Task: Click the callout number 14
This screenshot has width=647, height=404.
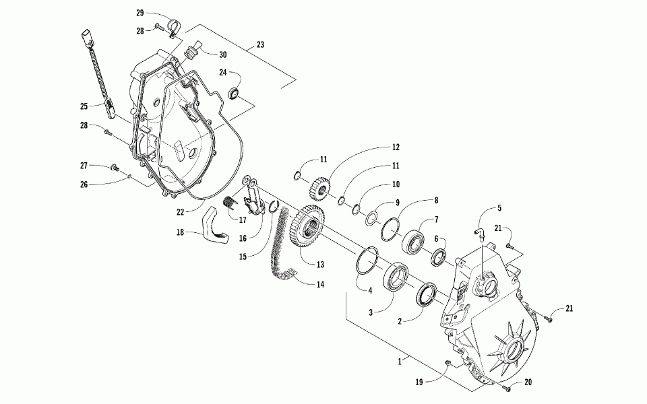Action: [320, 285]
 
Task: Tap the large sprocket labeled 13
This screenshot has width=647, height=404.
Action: [309, 229]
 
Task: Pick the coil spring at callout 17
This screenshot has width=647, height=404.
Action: [228, 201]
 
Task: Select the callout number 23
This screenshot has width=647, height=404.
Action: [260, 46]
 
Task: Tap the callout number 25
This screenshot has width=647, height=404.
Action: [84, 106]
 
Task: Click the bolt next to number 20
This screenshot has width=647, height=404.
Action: [507, 389]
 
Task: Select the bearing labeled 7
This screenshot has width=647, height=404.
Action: [414, 240]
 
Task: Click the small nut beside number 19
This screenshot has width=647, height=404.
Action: [449, 364]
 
